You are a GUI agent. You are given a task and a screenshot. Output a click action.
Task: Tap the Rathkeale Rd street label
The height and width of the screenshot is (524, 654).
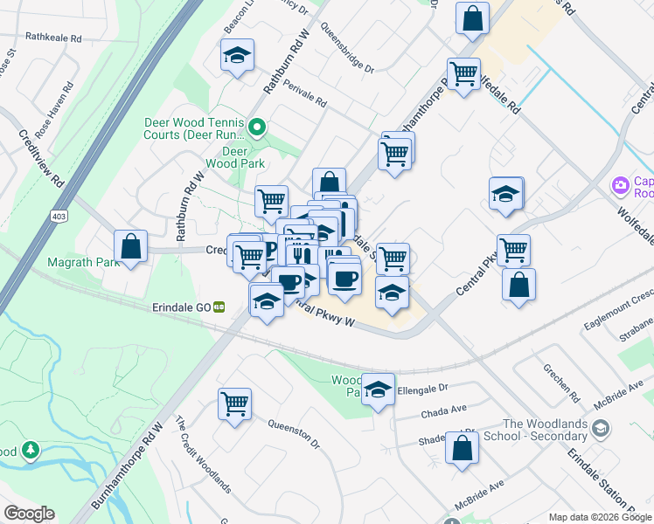pyautogui.click(x=53, y=38)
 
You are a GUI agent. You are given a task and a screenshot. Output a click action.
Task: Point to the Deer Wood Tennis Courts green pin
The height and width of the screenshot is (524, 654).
pyautogui.click(x=256, y=129)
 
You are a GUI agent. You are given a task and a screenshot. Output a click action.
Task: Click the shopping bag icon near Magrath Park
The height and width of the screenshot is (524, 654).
pyautogui.click(x=130, y=245)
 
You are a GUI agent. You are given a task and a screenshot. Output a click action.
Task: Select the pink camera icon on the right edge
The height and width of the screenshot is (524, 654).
pyautogui.click(x=621, y=185)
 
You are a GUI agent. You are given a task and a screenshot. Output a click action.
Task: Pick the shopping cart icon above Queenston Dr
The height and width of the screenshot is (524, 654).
pyautogui.click(x=234, y=404)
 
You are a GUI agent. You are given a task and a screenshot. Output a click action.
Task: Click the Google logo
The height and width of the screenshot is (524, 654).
pyautogui.click(x=29, y=514)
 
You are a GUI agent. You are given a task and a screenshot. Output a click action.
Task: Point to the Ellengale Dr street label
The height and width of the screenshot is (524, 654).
pyautogui.click(x=422, y=387)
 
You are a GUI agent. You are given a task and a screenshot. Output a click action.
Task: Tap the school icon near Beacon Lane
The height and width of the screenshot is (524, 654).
pyautogui.click(x=236, y=56)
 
